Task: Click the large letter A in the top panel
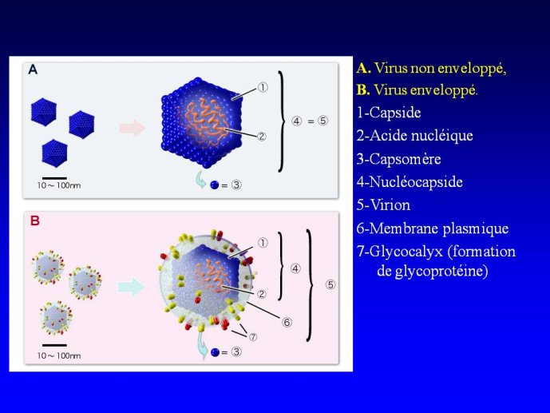[x=33, y=69]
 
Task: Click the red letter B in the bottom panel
[x=35, y=220]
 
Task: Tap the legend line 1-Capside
[x=389, y=113]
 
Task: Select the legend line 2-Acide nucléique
[x=414, y=136]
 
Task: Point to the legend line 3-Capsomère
[x=399, y=159]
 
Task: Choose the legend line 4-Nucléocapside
[x=410, y=182]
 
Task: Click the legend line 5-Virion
[x=383, y=205]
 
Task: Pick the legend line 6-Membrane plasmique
[x=433, y=228]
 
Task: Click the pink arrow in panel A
[x=133, y=128]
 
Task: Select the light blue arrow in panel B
[x=131, y=287]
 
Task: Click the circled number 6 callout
[x=287, y=322]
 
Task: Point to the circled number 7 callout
[x=253, y=337]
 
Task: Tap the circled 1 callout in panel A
[x=263, y=87]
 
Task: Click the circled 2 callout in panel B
[x=261, y=294]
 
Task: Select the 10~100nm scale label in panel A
[x=59, y=185]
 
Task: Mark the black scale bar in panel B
[x=54, y=345]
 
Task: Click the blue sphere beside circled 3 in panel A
[x=214, y=185]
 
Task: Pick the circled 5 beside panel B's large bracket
[x=330, y=284]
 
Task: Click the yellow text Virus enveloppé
[x=417, y=90]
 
